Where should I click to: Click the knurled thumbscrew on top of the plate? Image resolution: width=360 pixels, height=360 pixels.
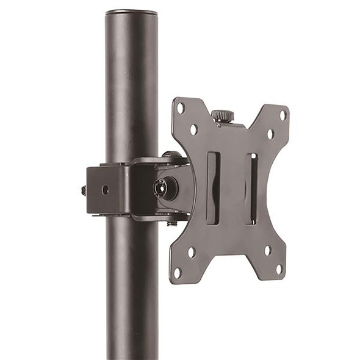point(222,116)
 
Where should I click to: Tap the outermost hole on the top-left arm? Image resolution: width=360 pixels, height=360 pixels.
point(181,108)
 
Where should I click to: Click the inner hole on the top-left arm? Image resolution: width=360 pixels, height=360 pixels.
point(193,129)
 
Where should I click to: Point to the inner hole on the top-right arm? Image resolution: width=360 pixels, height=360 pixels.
point(270,134)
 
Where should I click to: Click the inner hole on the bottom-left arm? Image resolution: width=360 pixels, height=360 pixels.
point(191,251)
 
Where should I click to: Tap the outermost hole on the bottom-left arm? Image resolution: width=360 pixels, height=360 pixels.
point(178,272)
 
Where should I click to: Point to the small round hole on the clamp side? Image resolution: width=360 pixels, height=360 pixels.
point(105,190)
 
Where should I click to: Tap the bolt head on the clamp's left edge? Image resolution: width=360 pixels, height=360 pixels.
point(84,190)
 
